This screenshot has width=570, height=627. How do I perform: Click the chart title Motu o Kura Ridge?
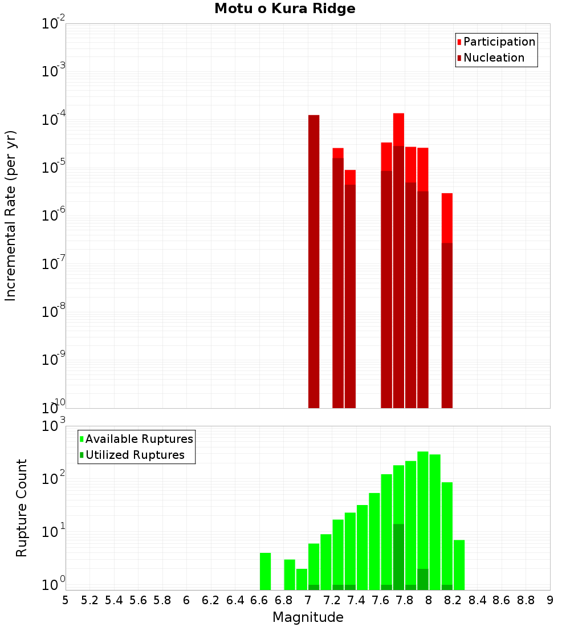click(x=284, y=9)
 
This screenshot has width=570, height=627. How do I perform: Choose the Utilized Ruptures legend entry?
click(x=135, y=455)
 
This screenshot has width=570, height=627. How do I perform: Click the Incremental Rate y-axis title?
click(x=11, y=215)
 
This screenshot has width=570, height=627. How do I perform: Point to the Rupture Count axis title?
click(x=22, y=508)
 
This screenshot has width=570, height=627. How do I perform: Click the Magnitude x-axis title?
click(x=308, y=617)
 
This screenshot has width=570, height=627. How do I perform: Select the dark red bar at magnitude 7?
click(x=313, y=262)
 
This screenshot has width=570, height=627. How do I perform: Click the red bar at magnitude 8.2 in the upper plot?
click(x=447, y=217)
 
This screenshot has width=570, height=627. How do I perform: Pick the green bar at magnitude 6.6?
click(x=265, y=571)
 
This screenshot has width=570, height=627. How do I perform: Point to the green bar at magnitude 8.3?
click(x=459, y=564)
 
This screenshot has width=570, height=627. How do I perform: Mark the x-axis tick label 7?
click(x=308, y=600)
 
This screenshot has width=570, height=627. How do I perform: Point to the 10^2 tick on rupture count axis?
click(x=53, y=479)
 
